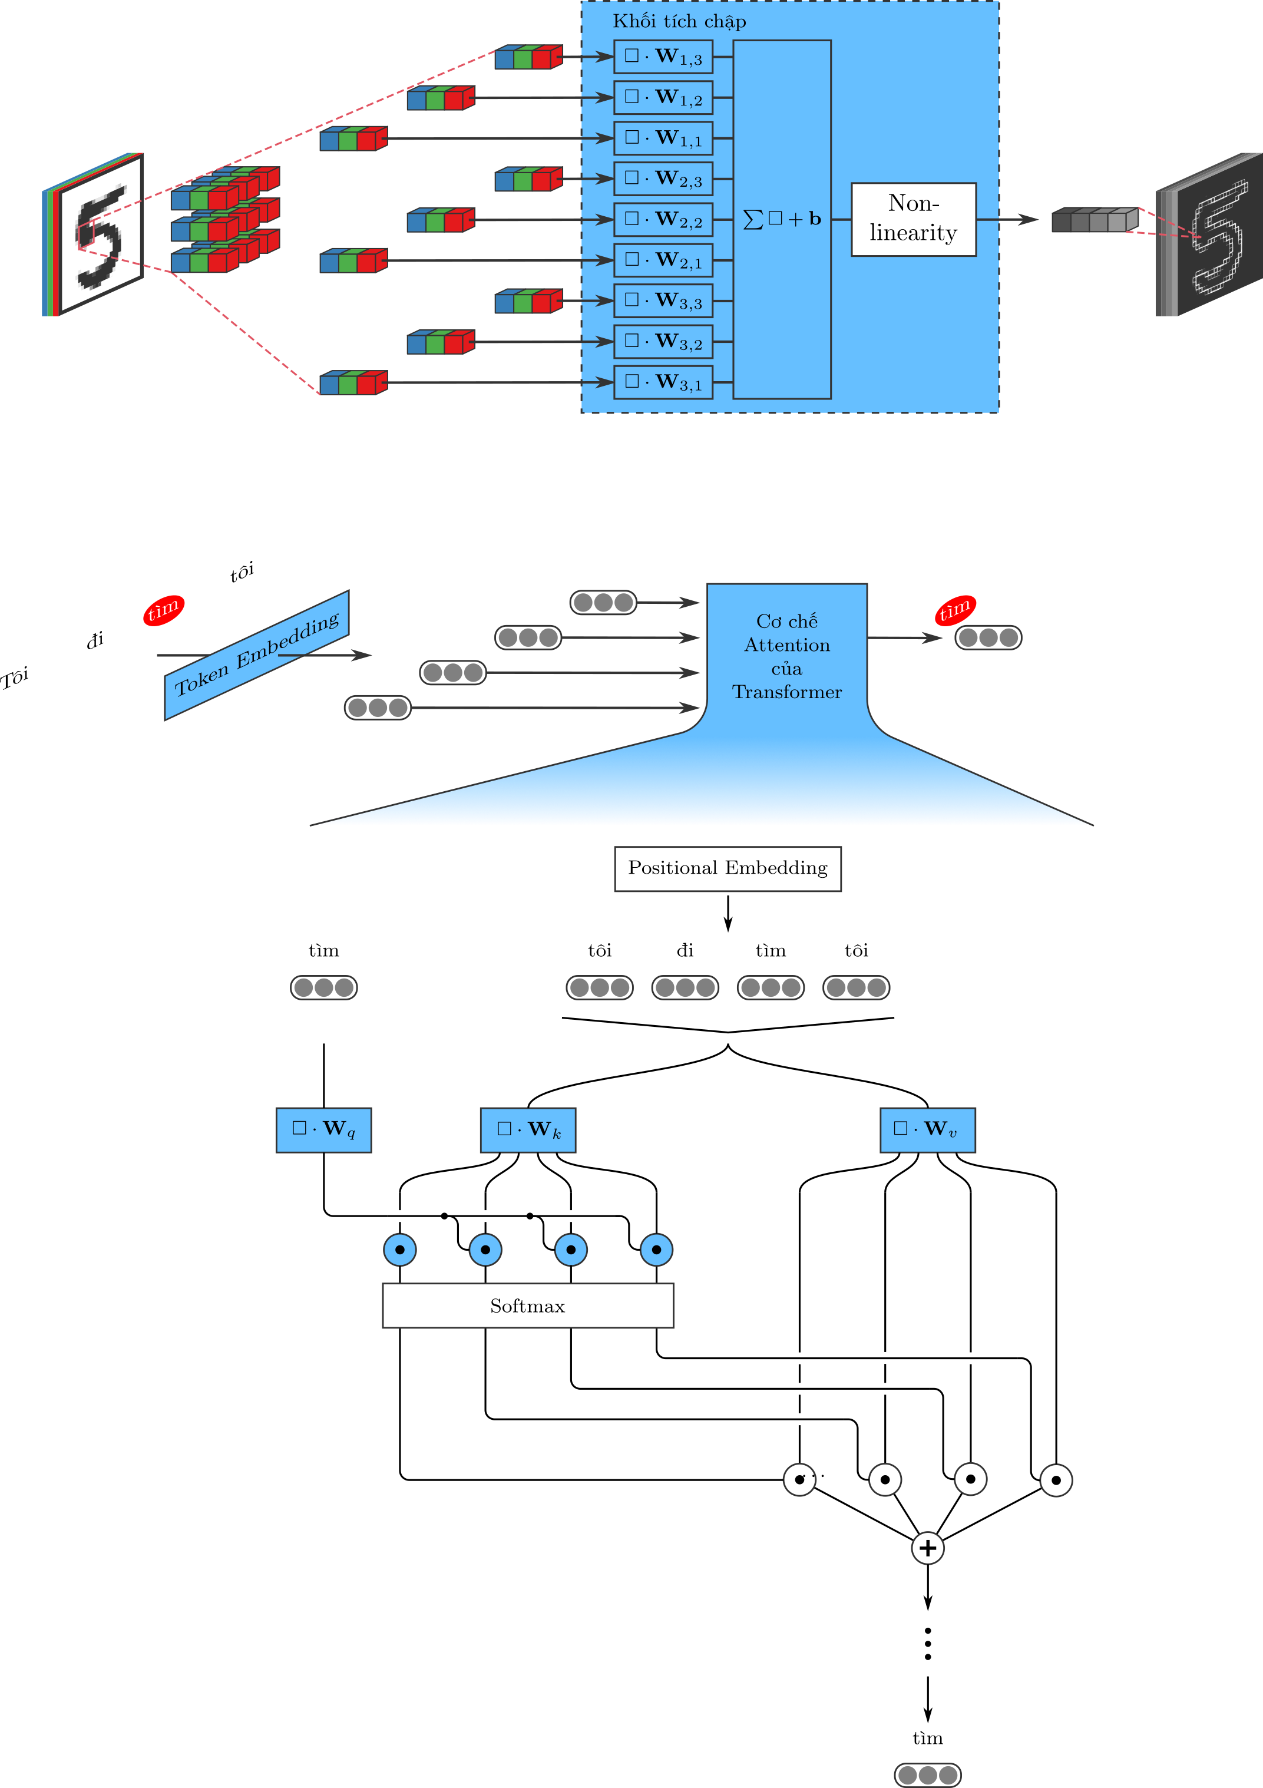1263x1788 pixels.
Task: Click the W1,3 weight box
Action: (x=663, y=57)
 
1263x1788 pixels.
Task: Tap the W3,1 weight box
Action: (x=663, y=382)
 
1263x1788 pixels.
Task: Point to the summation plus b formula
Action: (x=782, y=219)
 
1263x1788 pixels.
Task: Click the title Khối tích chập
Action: (x=679, y=21)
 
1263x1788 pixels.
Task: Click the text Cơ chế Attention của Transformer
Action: (x=786, y=656)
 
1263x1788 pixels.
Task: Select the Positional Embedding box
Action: (x=728, y=868)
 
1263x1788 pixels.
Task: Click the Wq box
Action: (x=323, y=1129)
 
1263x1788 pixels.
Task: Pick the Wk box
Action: (x=528, y=1129)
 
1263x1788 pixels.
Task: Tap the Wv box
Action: (x=927, y=1129)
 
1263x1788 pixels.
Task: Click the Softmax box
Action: (x=527, y=1306)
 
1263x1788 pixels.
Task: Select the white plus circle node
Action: (x=927, y=1548)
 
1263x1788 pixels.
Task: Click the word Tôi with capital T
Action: (x=15, y=677)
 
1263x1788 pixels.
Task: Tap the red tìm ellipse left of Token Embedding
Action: (x=164, y=610)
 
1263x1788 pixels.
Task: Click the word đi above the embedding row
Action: (x=685, y=950)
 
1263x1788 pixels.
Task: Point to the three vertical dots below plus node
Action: (x=927, y=1644)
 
